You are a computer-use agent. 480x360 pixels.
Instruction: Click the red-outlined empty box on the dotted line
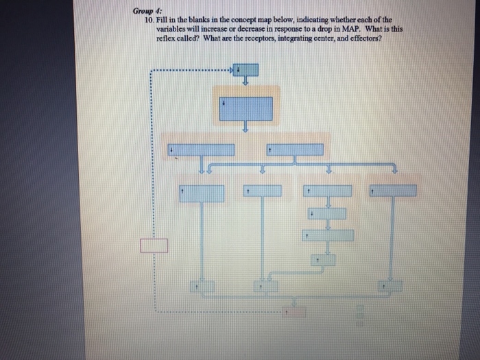tap(154, 245)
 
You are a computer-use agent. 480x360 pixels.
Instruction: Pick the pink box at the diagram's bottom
tap(295, 312)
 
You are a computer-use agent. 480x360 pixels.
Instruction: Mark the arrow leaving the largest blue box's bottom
tap(245, 126)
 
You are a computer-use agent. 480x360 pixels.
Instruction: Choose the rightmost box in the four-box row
tap(392, 191)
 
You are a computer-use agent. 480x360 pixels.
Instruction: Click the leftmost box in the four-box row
tap(202, 193)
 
